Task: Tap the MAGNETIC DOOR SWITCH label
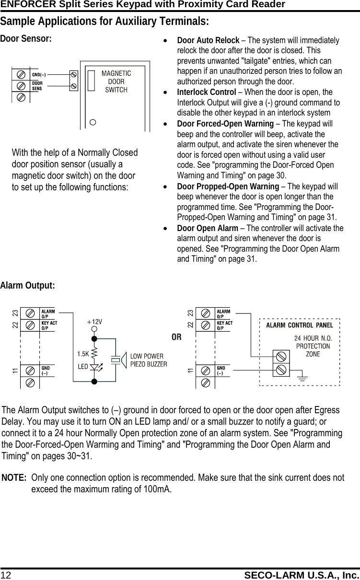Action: tap(116, 81)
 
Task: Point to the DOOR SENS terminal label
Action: tap(37, 85)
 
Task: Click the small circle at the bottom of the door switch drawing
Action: tap(93, 122)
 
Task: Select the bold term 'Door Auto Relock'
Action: tap(208, 40)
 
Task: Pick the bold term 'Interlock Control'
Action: tap(206, 92)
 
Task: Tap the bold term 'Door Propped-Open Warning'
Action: tap(228, 186)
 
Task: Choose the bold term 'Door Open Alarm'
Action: tap(207, 228)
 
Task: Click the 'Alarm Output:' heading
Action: tap(28, 286)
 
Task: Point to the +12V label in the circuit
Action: tap(94, 322)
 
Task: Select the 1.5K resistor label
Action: tap(83, 354)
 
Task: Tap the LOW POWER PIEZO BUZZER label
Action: tap(149, 360)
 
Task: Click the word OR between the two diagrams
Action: tap(177, 337)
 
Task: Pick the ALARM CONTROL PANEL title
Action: tap(299, 325)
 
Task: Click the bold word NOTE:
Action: tap(14, 478)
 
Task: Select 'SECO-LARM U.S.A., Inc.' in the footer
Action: tap(302, 574)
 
